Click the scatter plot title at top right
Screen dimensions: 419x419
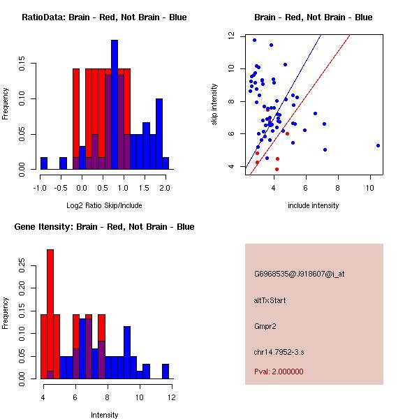(x=312, y=17)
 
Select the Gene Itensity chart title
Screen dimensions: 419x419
(x=103, y=226)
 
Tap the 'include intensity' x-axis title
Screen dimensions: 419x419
(x=314, y=205)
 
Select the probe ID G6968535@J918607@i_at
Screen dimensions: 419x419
(x=299, y=274)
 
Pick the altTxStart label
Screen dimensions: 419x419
(x=270, y=300)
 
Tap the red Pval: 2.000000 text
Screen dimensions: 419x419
(x=279, y=372)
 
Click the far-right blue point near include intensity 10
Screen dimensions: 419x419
(x=378, y=145)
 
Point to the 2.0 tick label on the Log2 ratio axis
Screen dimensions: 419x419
(x=165, y=188)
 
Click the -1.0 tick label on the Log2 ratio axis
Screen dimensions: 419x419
(x=41, y=188)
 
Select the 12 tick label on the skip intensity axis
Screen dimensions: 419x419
(x=230, y=36)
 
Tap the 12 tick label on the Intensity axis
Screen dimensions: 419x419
(x=171, y=397)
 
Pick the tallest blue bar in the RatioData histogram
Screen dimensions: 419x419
(x=115, y=104)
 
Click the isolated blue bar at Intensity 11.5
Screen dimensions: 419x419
(x=166, y=371)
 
